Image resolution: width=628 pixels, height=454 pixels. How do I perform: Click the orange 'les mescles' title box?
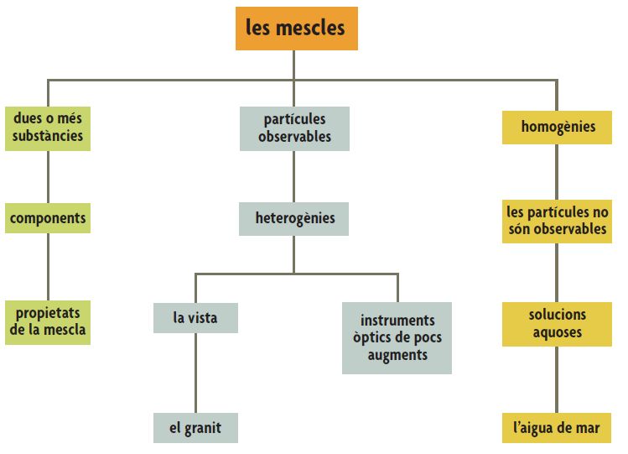pyautogui.click(x=295, y=29)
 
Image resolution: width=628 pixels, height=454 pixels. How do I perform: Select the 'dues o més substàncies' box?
pyautogui.click(x=48, y=128)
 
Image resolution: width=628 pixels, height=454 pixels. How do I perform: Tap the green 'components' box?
pyautogui.click(x=48, y=218)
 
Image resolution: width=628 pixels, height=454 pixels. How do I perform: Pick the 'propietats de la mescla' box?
pyautogui.click(x=48, y=321)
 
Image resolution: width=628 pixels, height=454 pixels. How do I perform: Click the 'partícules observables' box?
pyautogui.click(x=294, y=128)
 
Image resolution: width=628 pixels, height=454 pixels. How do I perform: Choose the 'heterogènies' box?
pyautogui.click(x=294, y=219)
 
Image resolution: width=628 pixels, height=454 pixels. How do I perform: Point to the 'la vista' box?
pyautogui.click(x=195, y=318)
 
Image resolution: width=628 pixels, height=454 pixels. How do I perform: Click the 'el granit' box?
pyautogui.click(x=195, y=428)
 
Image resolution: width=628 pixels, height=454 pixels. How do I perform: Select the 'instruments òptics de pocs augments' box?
pyautogui.click(x=397, y=337)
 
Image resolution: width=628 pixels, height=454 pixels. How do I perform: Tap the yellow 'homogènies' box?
pyautogui.click(x=558, y=128)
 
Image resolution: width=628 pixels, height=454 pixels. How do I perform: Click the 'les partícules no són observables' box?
pyautogui.click(x=558, y=221)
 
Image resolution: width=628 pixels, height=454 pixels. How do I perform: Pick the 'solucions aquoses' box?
pyautogui.click(x=558, y=324)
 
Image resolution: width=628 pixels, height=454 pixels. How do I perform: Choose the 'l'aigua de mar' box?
pyautogui.click(x=558, y=428)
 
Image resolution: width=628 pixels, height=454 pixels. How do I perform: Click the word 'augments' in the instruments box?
pyautogui.click(x=397, y=355)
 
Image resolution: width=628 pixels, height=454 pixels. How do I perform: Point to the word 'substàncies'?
pyautogui.click(x=48, y=136)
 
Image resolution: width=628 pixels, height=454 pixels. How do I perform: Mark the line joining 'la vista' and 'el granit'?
pyautogui.click(x=195, y=373)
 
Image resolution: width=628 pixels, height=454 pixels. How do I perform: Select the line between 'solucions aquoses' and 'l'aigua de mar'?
pyautogui.click(x=558, y=379)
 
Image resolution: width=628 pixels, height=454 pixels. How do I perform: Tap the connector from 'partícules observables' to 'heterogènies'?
pyautogui.click(x=294, y=177)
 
